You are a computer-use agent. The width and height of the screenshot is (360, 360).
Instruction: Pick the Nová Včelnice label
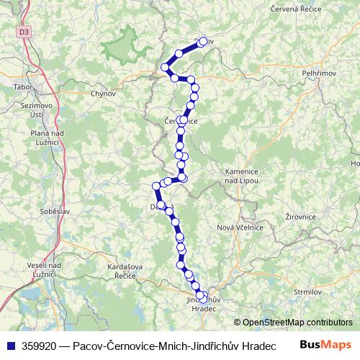pyautogui.click(x=240, y=227)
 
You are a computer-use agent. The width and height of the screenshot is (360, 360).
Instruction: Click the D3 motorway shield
pyautogui.click(x=24, y=32)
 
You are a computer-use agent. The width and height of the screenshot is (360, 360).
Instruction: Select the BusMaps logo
pyautogui.click(x=325, y=345)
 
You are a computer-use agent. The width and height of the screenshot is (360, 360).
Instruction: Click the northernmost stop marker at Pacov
pyautogui.click(x=202, y=42)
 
